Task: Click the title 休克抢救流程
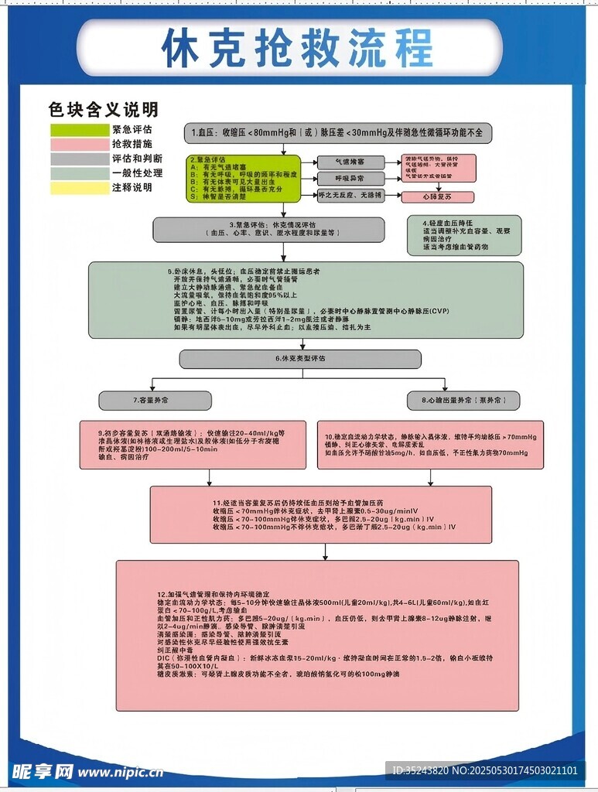click(x=298, y=48)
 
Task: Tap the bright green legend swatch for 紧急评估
click(x=80, y=130)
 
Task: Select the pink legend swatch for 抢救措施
click(x=80, y=145)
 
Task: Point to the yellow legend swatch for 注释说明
click(x=80, y=187)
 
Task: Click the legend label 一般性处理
click(x=137, y=172)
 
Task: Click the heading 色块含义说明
click(x=104, y=109)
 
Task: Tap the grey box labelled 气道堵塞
click(x=350, y=162)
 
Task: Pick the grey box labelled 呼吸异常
click(x=350, y=179)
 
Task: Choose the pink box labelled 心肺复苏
click(x=437, y=197)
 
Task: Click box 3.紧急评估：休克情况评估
click(x=268, y=230)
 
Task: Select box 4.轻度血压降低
click(x=464, y=235)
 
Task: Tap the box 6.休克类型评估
click(x=300, y=359)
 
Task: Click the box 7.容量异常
click(x=145, y=400)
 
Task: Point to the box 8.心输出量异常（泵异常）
click(x=464, y=401)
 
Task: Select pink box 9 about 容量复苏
click(x=195, y=445)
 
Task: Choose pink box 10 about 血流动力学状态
click(x=431, y=445)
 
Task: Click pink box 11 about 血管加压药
click(x=320, y=514)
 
